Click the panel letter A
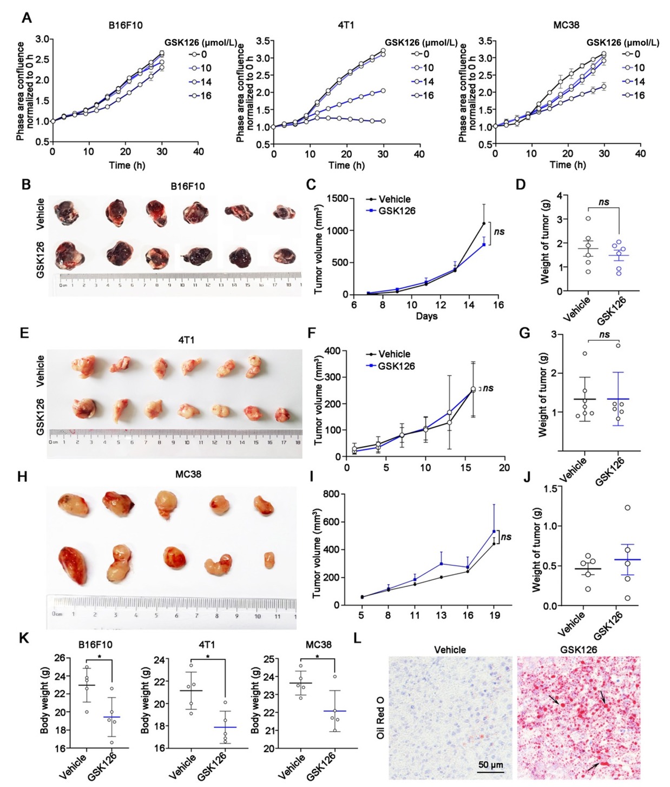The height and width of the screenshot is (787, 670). [26, 18]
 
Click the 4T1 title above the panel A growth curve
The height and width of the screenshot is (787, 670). [346, 25]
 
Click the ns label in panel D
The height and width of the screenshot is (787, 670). [603, 202]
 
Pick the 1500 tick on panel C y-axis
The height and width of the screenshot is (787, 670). [337, 199]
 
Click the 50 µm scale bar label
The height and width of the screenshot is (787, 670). [490, 765]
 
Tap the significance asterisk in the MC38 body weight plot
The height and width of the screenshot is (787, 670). [317, 657]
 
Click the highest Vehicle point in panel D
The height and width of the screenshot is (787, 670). [588, 219]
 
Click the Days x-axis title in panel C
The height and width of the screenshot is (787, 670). [426, 316]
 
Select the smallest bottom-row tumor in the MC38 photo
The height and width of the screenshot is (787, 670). [269, 560]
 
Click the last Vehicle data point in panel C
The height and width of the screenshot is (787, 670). [484, 223]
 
